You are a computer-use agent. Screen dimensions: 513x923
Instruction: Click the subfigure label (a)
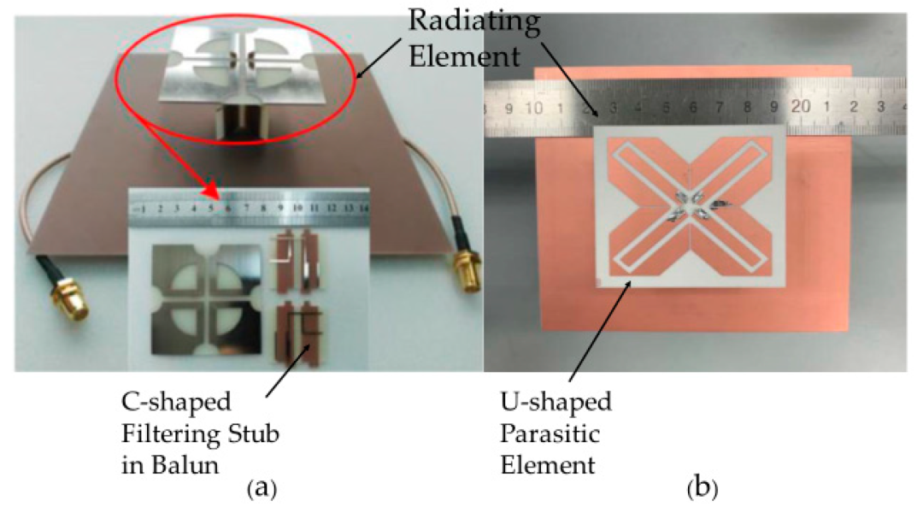tap(260, 489)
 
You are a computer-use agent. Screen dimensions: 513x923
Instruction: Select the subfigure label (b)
tap(703, 489)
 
